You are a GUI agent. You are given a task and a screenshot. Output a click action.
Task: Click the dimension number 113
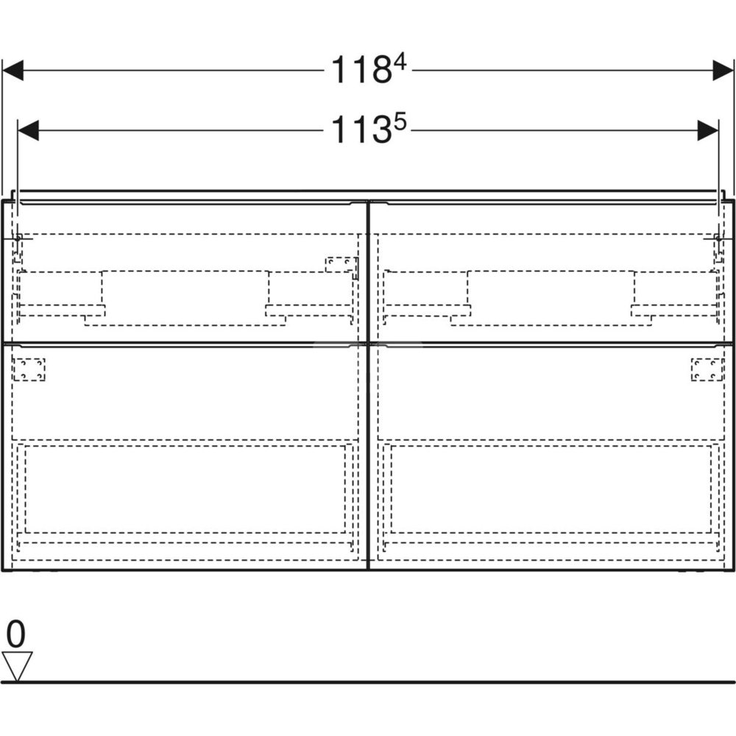(361, 130)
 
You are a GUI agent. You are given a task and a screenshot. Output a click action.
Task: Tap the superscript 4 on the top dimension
(401, 62)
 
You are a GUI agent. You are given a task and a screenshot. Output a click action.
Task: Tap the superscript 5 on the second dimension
(400, 122)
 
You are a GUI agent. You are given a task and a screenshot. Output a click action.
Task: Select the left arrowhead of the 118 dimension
(13, 71)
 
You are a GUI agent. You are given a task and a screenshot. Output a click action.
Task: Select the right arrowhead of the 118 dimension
(723, 71)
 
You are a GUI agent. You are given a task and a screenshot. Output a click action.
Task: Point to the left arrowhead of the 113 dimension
(28, 130)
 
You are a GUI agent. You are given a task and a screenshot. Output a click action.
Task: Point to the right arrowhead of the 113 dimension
(708, 130)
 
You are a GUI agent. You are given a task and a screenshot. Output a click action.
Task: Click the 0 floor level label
(15, 634)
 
